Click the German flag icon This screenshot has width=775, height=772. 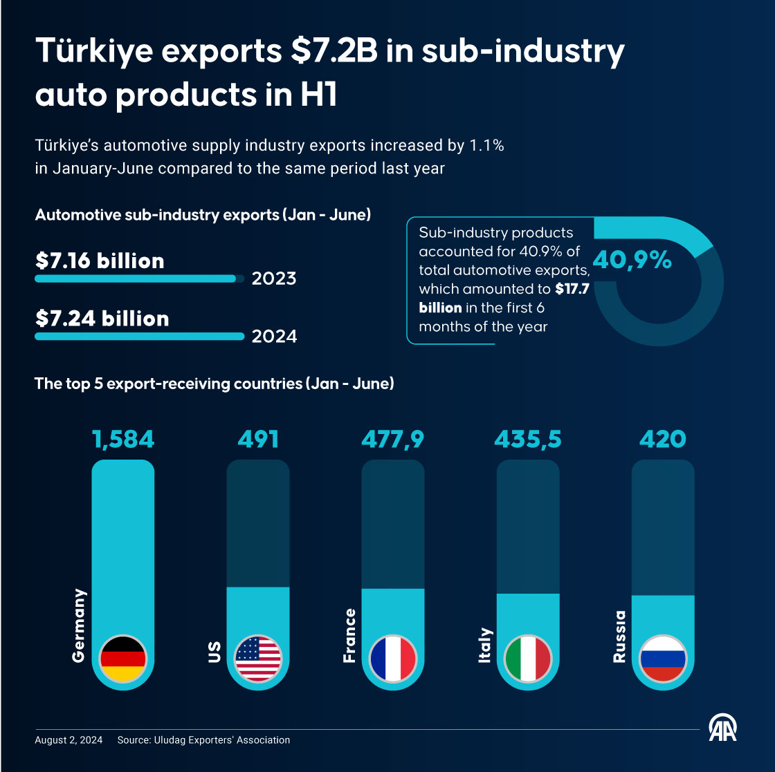tap(123, 659)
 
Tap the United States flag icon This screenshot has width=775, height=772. tap(258, 659)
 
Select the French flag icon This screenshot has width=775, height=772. tap(393, 659)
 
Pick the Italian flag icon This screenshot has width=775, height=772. tap(528, 659)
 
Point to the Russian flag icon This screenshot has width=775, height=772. tap(663, 659)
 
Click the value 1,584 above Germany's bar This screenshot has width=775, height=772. tap(123, 440)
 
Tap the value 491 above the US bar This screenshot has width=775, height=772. tap(258, 440)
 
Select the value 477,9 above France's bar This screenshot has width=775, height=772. tap(393, 440)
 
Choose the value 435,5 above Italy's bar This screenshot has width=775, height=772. tap(528, 440)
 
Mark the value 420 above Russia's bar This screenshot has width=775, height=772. tap(663, 440)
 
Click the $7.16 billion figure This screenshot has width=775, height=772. tap(100, 261)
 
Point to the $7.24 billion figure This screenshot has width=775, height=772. tap(102, 319)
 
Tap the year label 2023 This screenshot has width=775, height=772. tap(274, 279)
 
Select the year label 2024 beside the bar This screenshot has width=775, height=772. tap(274, 337)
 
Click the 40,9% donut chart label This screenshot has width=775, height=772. tap(632, 261)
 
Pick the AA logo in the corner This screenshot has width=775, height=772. tap(722, 727)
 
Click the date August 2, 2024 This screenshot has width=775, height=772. tap(69, 740)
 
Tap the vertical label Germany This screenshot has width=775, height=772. tap(80, 625)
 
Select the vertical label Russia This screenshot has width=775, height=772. tap(619, 637)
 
